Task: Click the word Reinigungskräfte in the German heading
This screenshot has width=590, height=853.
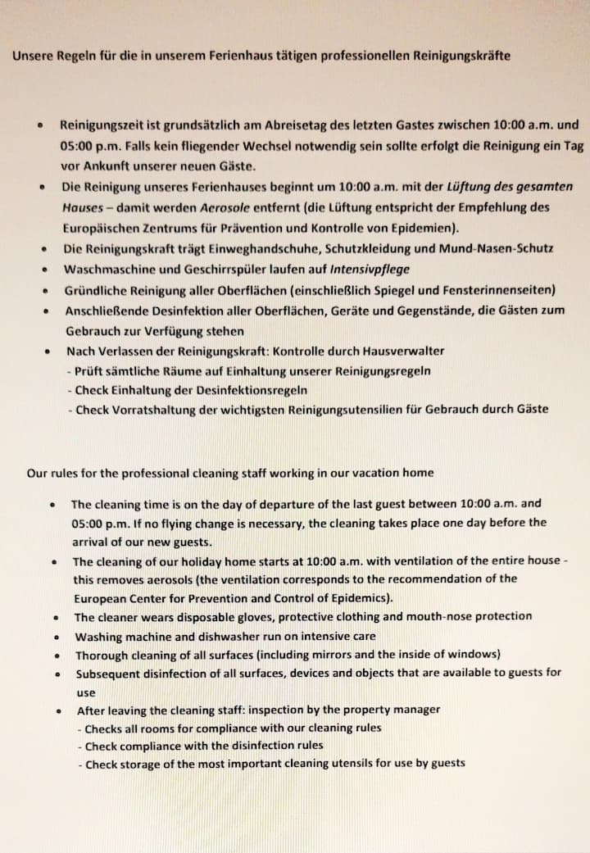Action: click(x=463, y=57)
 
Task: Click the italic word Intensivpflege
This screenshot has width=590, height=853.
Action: click(x=370, y=269)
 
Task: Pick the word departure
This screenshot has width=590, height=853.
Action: click(x=278, y=504)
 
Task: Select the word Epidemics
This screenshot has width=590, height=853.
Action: click(x=351, y=597)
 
